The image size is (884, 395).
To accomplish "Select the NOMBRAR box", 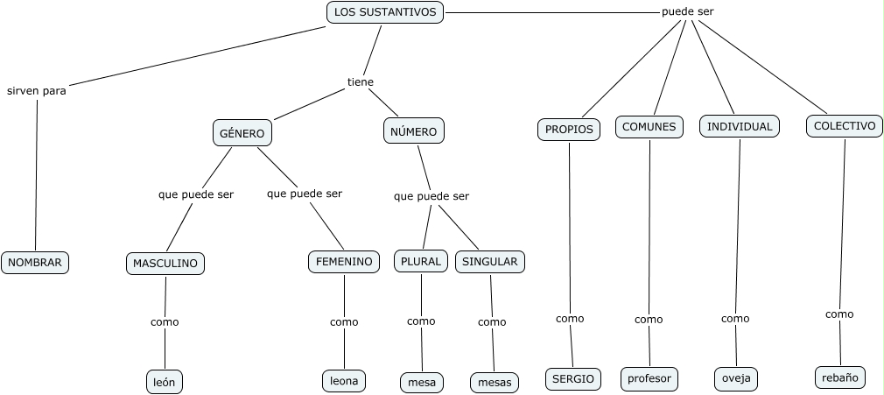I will (x=35, y=262).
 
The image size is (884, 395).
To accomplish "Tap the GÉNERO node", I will (x=242, y=133).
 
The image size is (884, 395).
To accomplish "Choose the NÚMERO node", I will (x=414, y=131).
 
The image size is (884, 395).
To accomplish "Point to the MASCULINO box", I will (x=165, y=263).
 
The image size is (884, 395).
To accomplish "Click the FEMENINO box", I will (x=344, y=261).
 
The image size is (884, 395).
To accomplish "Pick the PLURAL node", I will (x=422, y=261).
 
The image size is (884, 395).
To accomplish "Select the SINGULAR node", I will (x=489, y=261).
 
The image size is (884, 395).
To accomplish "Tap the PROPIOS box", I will (x=569, y=129).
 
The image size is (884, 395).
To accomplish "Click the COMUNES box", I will (x=649, y=126).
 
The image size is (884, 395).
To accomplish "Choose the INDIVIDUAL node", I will (x=740, y=126).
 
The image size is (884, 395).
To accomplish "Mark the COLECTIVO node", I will (x=845, y=126).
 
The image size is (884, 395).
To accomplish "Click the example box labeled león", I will (x=165, y=382).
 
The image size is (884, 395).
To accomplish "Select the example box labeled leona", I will (x=343, y=380).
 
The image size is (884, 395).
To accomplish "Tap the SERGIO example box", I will (x=573, y=378).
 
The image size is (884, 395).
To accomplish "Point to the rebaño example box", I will (x=840, y=377).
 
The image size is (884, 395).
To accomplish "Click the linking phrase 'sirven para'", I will (x=37, y=90).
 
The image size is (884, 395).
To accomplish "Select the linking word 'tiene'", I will (x=361, y=82).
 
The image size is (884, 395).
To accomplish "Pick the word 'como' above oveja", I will (x=735, y=319).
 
